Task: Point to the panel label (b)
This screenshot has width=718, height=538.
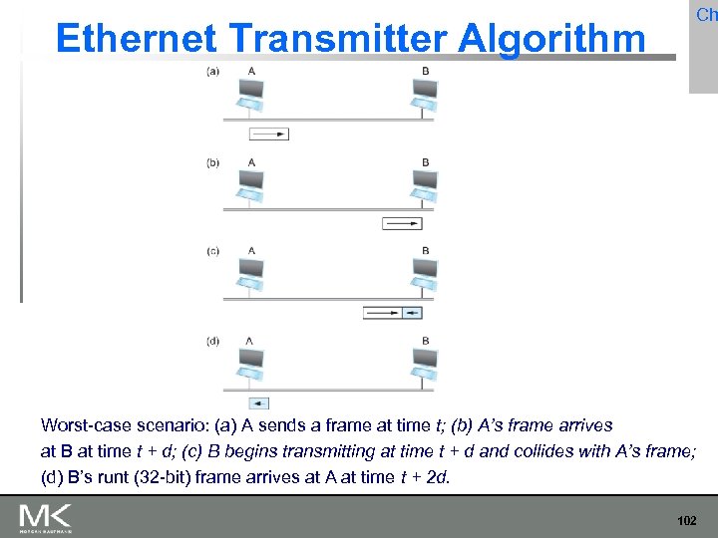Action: click(213, 162)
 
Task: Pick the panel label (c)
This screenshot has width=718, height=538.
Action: click(213, 252)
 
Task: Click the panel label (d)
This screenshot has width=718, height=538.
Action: click(213, 341)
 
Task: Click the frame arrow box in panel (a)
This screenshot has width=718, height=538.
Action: click(268, 134)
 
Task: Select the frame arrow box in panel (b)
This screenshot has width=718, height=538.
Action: click(402, 223)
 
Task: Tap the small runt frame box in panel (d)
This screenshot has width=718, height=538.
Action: click(258, 403)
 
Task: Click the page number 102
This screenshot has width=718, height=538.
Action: click(686, 521)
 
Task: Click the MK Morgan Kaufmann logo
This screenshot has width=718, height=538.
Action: click(46, 518)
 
